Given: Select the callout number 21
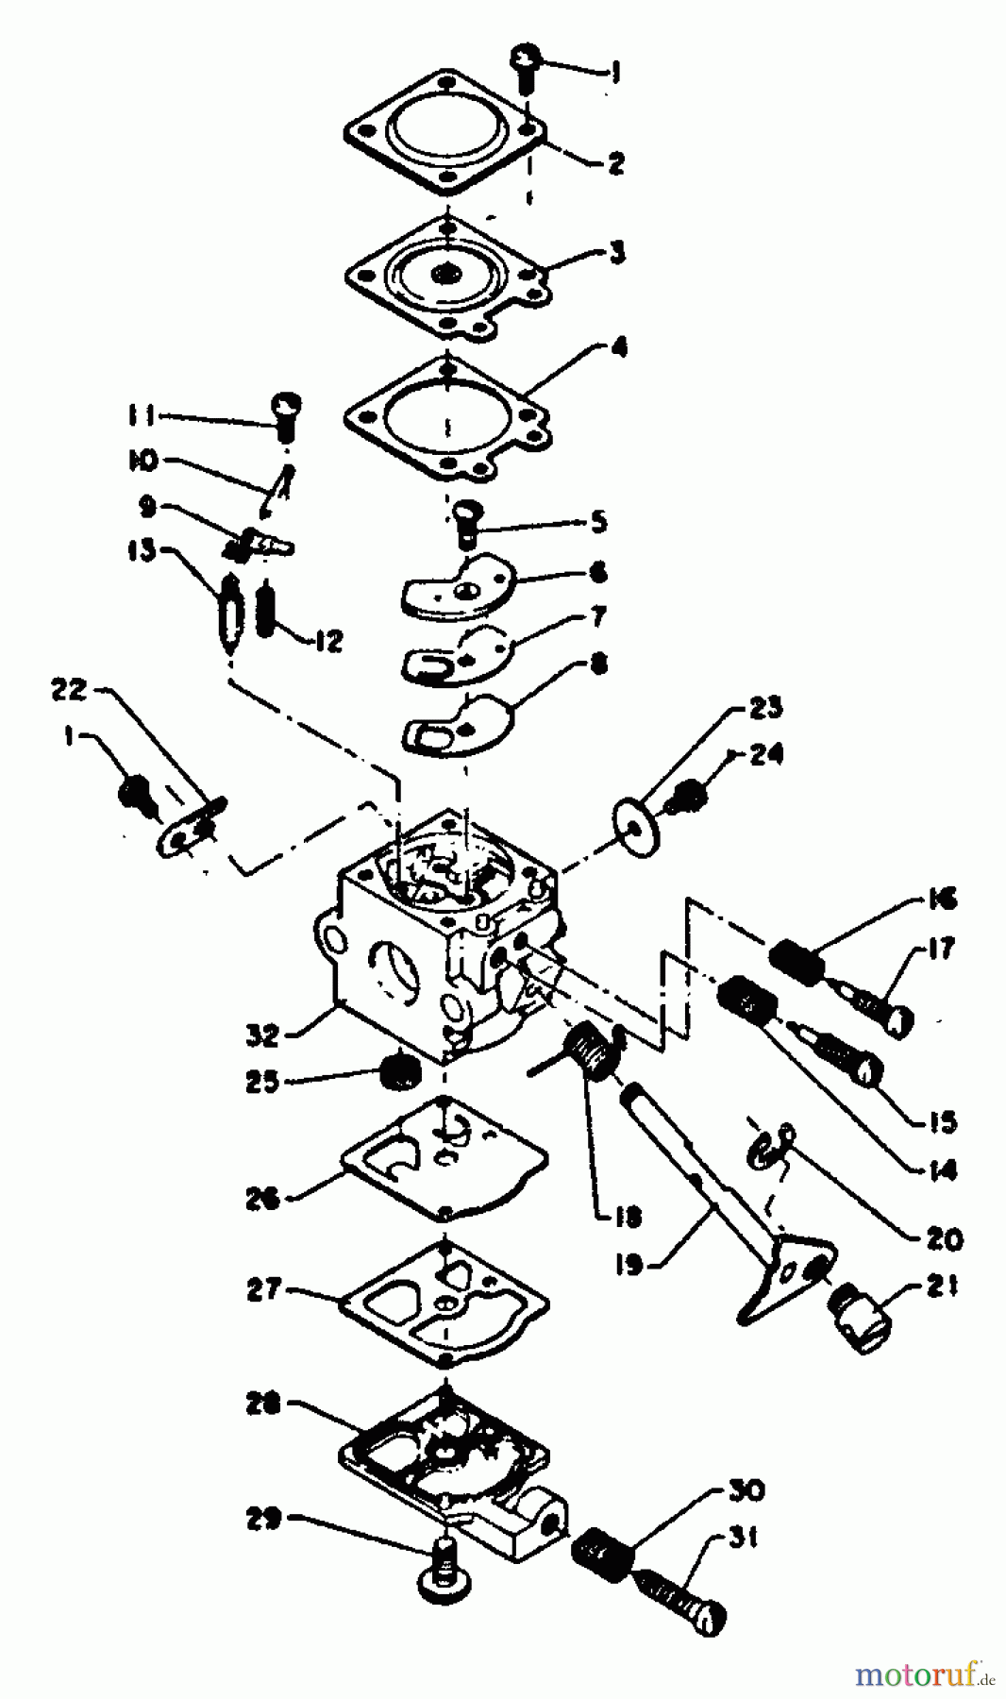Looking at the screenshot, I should [938, 1286].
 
